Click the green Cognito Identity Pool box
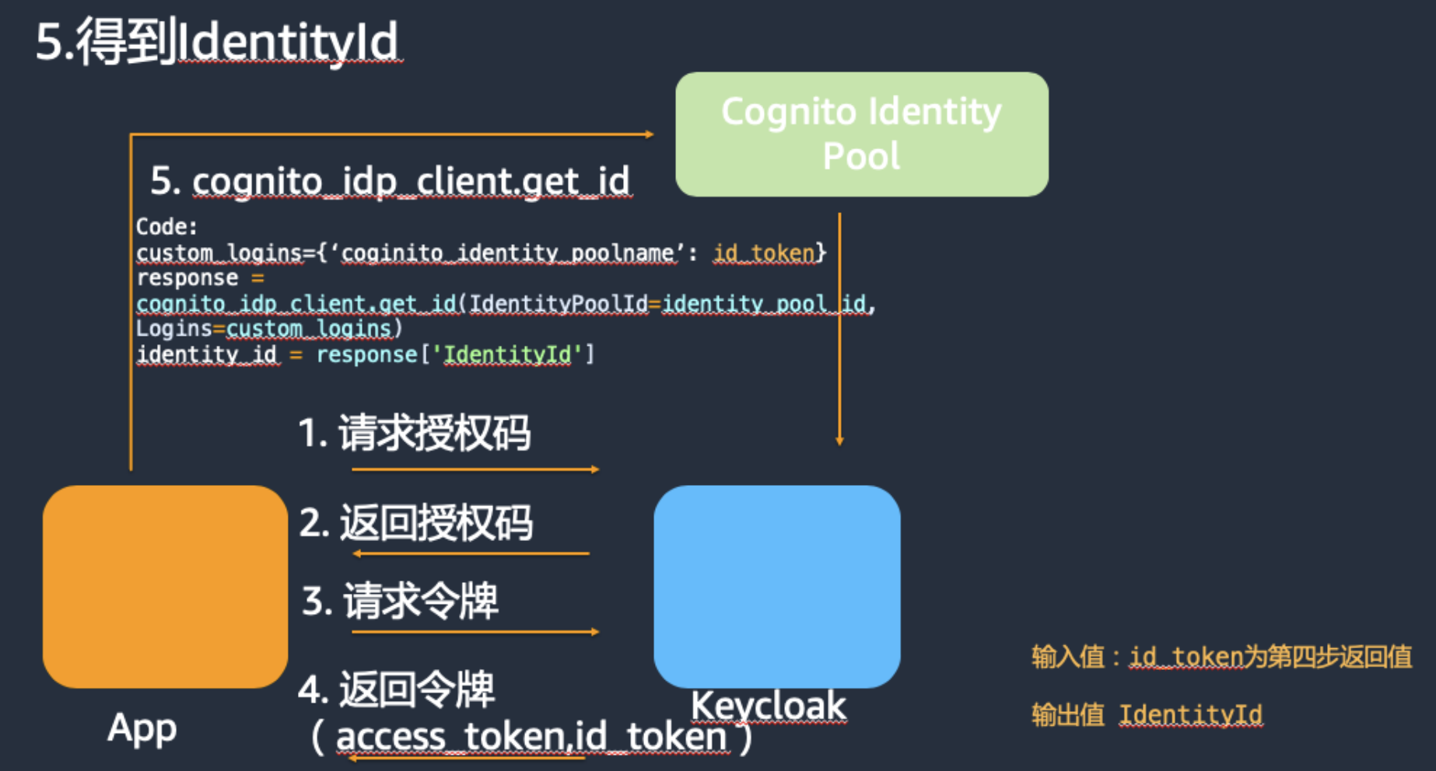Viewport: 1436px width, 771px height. [862, 134]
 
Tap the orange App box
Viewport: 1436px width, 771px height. [165, 586]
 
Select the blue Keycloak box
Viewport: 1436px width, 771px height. [777, 586]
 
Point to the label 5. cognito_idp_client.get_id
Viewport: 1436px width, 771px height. [390, 181]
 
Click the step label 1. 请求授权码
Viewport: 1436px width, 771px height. [415, 432]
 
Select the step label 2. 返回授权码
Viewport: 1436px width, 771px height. [416, 522]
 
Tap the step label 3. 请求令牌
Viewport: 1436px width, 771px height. [400, 601]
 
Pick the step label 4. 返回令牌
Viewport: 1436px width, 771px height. [396, 689]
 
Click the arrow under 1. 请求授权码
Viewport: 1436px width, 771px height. [475, 469]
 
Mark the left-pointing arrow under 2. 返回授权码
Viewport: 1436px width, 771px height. [471, 553]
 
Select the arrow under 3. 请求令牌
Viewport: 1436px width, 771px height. [475, 632]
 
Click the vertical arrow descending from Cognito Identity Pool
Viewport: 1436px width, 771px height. [839, 330]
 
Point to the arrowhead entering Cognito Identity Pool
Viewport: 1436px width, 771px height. [650, 134]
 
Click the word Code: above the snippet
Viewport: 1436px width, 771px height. [166, 227]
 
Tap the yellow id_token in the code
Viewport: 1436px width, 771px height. [764, 253]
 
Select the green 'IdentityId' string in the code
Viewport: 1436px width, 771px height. [508, 354]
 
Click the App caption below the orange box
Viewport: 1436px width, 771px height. [142, 729]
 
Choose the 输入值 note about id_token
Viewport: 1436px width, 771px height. [1221, 657]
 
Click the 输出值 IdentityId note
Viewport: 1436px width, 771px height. [1147, 714]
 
